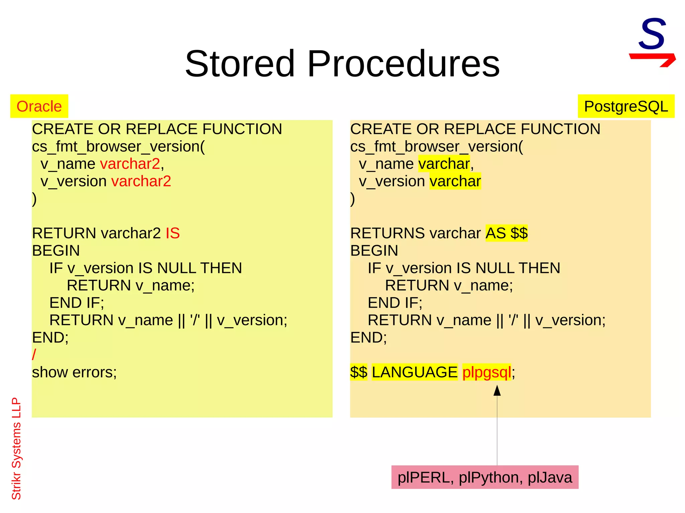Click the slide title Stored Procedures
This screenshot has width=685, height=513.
[342, 63]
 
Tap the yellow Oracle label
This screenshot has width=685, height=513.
[39, 106]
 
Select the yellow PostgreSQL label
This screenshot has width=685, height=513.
[626, 106]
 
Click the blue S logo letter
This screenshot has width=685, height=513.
[652, 34]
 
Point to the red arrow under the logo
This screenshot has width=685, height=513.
[653, 59]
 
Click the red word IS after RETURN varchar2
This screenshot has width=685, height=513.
[173, 233]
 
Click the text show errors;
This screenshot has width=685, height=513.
[74, 372]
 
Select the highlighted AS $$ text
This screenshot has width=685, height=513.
[506, 233]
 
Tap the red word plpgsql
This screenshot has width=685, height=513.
[486, 372]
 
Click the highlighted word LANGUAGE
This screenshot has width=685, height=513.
[414, 372]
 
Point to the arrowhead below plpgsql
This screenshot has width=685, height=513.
[497, 390]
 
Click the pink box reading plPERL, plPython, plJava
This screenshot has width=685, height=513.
[485, 477]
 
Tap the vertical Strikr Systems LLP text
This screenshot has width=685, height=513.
[16, 448]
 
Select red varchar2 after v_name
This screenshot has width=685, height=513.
[130, 164]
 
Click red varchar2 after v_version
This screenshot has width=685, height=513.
[141, 181]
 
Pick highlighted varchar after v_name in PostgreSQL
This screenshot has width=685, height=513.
[444, 164]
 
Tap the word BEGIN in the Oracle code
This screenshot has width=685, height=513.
[56, 250]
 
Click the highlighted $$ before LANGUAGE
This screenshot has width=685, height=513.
[359, 372]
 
